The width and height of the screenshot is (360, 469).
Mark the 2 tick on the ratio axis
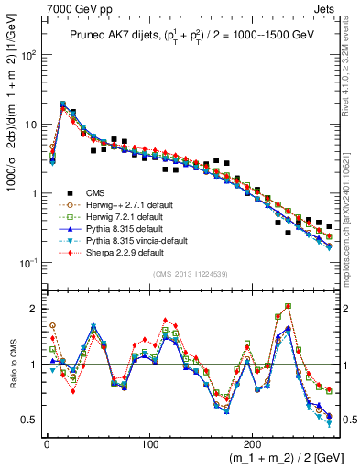tap(35, 309)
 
